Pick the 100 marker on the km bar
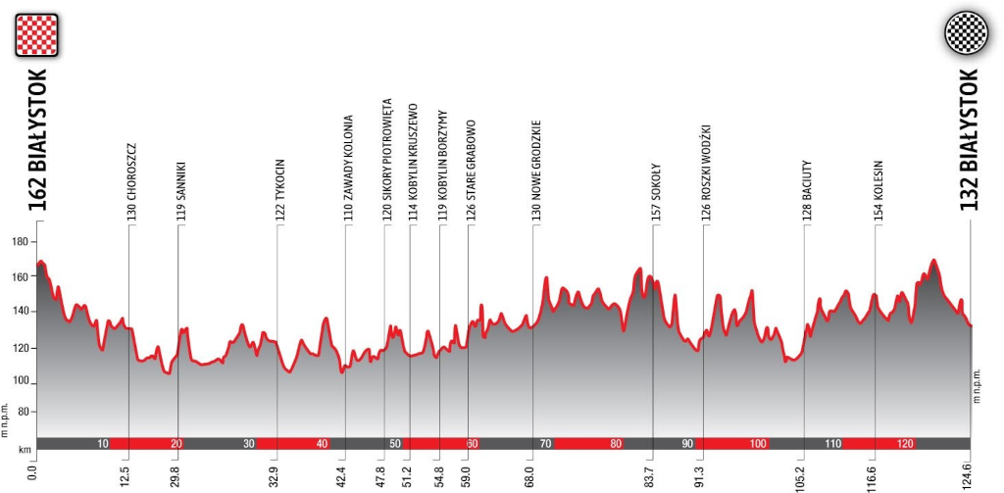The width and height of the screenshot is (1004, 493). click(x=757, y=444)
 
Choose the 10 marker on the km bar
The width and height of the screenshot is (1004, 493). click(x=103, y=444)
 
